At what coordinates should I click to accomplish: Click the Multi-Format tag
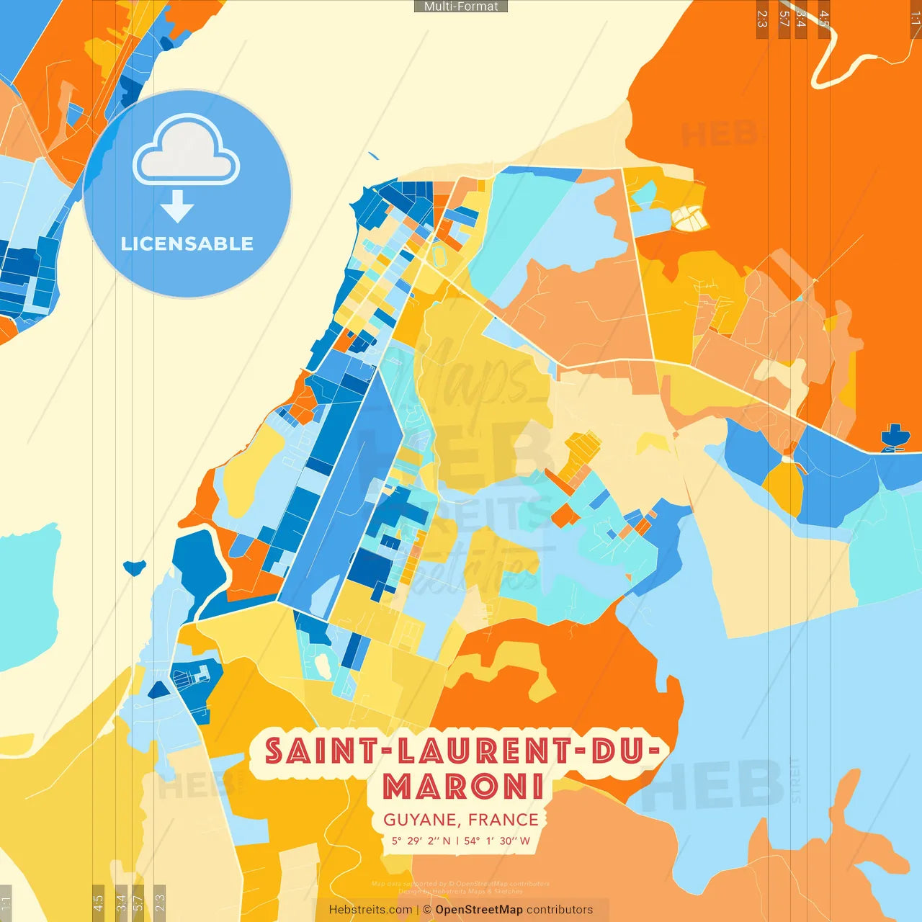pos(461,6)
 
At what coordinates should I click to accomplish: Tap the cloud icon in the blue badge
pos(186,151)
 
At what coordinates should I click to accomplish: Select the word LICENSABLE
pos(187,244)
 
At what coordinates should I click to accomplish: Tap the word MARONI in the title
pos(463,786)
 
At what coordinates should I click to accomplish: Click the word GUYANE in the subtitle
pos(421,820)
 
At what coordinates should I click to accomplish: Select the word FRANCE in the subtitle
pos(503,820)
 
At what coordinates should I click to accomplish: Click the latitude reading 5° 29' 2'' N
pos(421,841)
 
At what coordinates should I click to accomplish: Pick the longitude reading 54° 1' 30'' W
pos(497,841)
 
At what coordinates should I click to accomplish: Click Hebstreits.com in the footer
pos(370,910)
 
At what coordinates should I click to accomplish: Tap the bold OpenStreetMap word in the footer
pos(478,910)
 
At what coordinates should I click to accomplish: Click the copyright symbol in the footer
pos(427,910)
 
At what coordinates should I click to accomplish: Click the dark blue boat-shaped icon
pos(895,437)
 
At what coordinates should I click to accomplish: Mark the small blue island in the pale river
pos(134,568)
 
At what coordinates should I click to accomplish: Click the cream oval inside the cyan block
pos(439,254)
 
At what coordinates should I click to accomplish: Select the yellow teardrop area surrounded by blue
pos(784,486)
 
